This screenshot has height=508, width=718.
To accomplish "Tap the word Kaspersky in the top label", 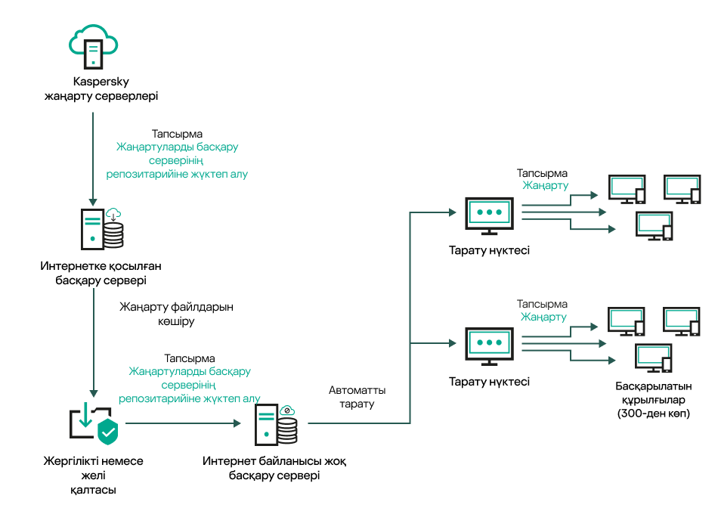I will click(x=101, y=82).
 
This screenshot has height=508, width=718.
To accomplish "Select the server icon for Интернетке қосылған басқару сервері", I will click(x=101, y=228).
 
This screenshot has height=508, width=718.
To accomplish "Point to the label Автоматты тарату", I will click(x=357, y=398).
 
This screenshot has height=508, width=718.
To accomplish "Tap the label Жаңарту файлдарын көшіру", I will click(x=177, y=314).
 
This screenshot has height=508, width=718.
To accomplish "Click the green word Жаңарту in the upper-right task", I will click(x=546, y=185).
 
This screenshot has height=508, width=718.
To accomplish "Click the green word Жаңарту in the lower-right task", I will click(x=543, y=317).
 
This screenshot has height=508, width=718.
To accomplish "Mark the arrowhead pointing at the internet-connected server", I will click(x=93, y=202).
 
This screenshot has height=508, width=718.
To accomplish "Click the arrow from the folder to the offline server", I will click(x=181, y=423).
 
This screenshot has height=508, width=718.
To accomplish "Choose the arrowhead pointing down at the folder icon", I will click(x=93, y=393).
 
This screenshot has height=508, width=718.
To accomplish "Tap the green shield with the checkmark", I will click(x=109, y=432).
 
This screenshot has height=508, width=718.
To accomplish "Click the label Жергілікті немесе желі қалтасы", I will click(x=94, y=475).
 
